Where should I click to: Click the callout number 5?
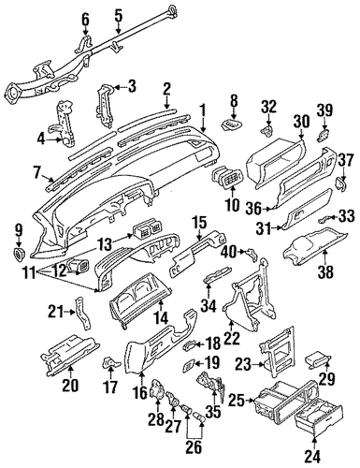click(x=119, y=14)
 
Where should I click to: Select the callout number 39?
click(x=324, y=110)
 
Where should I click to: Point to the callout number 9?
click(x=20, y=231)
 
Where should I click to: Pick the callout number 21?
click(x=55, y=313)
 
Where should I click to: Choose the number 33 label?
click(x=347, y=216)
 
